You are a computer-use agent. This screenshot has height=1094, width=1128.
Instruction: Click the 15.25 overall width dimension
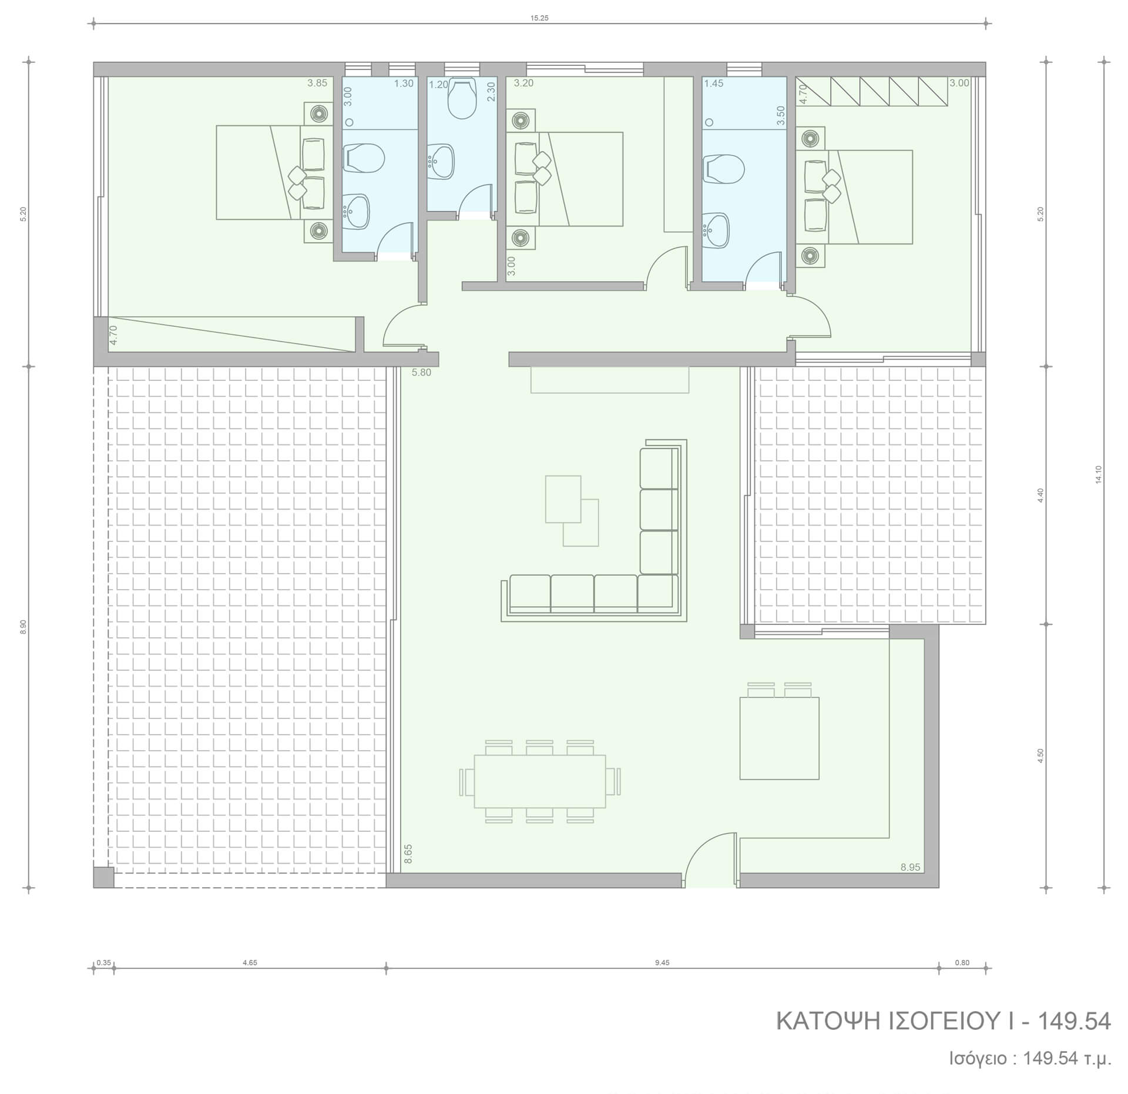(x=539, y=18)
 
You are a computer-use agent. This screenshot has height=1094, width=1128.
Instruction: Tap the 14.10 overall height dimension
(x=1098, y=474)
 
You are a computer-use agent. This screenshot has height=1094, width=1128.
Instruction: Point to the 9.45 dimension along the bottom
(x=662, y=963)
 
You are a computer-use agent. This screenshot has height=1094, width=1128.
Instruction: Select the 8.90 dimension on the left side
(x=23, y=627)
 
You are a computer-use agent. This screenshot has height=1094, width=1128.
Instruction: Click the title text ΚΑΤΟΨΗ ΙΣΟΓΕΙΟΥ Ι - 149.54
(x=944, y=1022)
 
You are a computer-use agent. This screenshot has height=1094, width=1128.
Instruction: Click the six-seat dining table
(x=539, y=781)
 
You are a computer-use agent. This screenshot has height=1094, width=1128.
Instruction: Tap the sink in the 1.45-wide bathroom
(x=716, y=229)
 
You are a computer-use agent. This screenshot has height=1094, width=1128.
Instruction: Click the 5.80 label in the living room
(x=421, y=372)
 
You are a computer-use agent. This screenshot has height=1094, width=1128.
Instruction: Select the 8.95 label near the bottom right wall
(x=911, y=867)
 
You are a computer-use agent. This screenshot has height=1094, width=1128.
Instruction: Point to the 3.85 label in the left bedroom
(x=317, y=83)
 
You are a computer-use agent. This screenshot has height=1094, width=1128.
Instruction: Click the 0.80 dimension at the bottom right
(x=962, y=963)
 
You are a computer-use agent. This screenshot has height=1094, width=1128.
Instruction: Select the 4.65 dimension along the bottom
(x=250, y=963)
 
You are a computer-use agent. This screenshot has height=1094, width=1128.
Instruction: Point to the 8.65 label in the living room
(x=408, y=854)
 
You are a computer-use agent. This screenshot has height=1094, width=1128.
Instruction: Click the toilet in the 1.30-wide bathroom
(x=364, y=158)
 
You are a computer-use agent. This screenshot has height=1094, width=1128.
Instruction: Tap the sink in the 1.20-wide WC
(x=441, y=160)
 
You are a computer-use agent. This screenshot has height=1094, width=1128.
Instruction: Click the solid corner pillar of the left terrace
(x=103, y=877)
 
